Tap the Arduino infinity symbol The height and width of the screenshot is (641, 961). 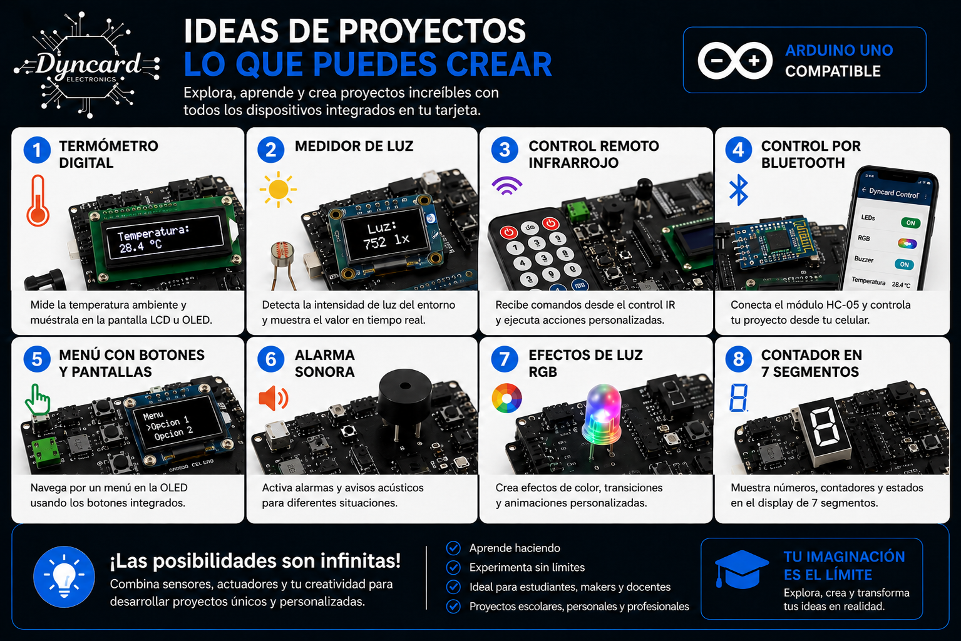[735, 61]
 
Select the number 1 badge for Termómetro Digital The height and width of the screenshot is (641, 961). [38, 150]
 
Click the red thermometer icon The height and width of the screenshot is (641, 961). [38, 200]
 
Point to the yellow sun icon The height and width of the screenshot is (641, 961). [278, 189]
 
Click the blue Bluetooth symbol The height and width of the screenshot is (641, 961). [738, 190]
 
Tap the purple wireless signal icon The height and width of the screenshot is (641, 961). [507, 186]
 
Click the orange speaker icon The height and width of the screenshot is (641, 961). [274, 398]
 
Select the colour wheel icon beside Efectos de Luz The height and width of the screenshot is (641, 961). [506, 398]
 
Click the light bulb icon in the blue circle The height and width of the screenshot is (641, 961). [64, 577]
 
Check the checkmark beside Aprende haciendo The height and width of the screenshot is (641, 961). [453, 548]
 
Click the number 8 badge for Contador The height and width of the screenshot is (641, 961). [738, 359]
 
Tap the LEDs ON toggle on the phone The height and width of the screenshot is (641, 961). [910, 223]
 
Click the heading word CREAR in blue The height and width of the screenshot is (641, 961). [499, 64]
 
